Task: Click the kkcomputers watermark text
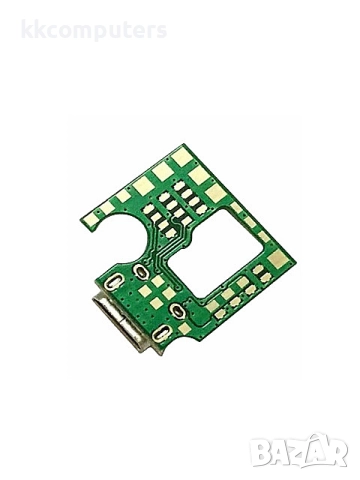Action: click(94, 30)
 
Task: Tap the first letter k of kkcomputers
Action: click(28, 29)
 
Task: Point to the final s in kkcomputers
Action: click(161, 31)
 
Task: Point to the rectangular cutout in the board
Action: click(215, 253)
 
